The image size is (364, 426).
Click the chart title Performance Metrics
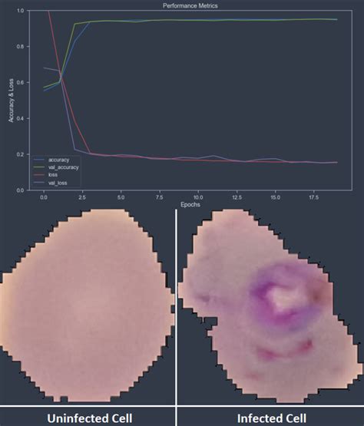[x=190, y=5]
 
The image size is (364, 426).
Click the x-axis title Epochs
[x=190, y=205]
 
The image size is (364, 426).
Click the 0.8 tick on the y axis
[x=19, y=47]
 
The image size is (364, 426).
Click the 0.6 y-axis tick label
[x=19, y=83]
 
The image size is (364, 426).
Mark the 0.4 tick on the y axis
[x=19, y=118]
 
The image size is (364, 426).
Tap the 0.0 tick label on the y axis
[x=19, y=190]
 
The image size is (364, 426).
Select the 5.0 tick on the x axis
[x=121, y=197]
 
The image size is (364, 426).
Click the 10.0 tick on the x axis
[x=198, y=197]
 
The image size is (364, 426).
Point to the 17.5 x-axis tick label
[x=314, y=197]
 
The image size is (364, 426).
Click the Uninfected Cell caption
[x=88, y=415]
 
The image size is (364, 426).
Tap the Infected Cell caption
[x=271, y=415]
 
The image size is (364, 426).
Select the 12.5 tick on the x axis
[x=237, y=197]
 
